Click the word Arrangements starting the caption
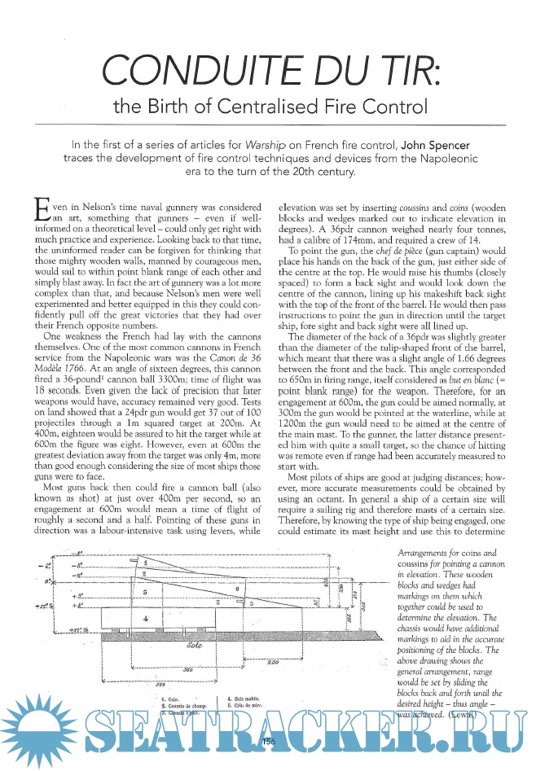[x=417, y=553]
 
